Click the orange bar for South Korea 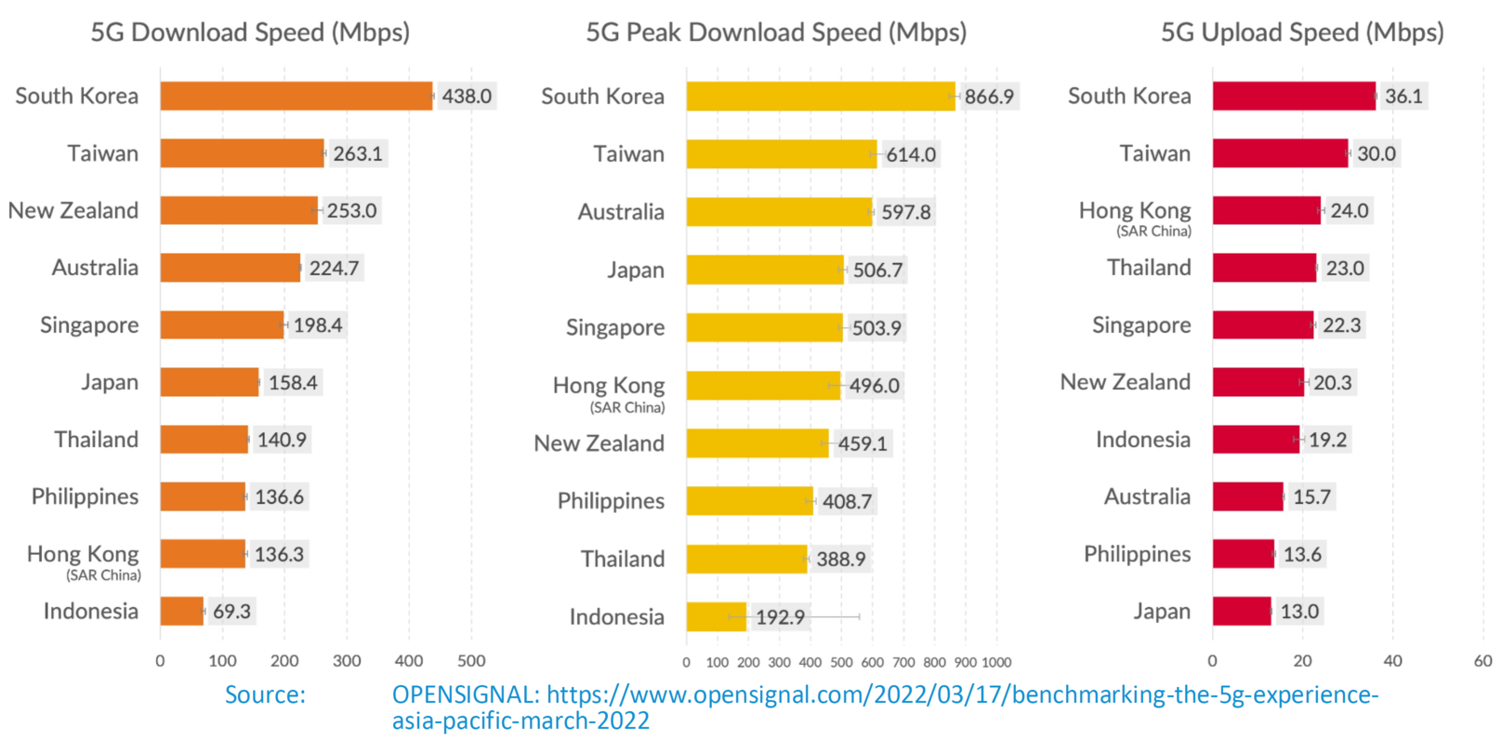[x=296, y=96]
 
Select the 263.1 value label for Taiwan [x=358, y=153]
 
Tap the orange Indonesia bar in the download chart [x=181, y=611]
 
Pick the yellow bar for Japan [x=764, y=270]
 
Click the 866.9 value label [x=989, y=97]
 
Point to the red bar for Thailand [x=1264, y=268]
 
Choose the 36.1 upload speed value [x=1403, y=96]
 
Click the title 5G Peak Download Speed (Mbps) [x=775, y=33]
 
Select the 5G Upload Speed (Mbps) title [x=1301, y=33]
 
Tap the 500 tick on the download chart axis [x=471, y=661]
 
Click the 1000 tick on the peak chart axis [x=996, y=663]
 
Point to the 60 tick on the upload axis [x=1482, y=661]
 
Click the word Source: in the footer [x=265, y=694]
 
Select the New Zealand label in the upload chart [x=1125, y=382]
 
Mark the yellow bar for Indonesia [x=716, y=616]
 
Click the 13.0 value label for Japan [x=1299, y=612]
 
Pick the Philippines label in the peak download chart [x=611, y=501]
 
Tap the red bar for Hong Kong [x=1266, y=210]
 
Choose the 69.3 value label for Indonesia [x=231, y=612]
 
